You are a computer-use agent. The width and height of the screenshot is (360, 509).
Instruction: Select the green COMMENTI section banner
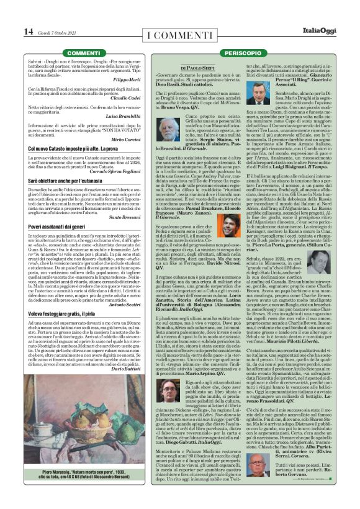coord(83,54)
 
